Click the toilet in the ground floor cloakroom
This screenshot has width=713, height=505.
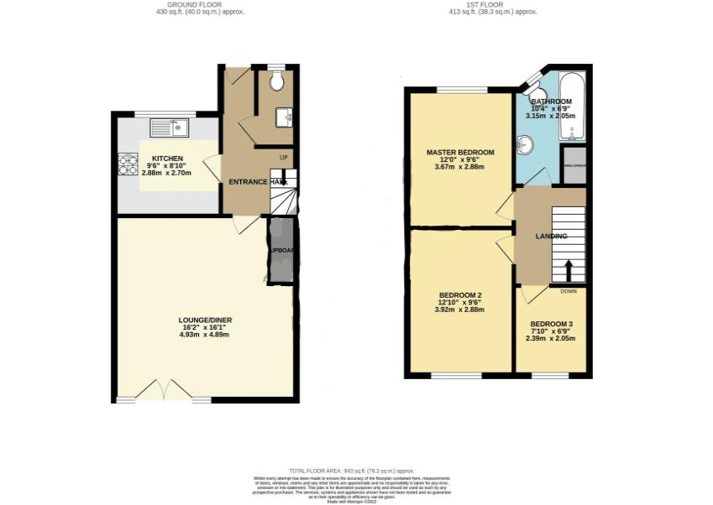[277, 81]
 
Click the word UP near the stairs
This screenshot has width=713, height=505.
[283, 158]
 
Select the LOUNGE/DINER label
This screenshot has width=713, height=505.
[205, 320]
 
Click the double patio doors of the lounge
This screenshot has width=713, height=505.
[165, 391]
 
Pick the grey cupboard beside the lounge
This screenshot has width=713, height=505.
[280, 251]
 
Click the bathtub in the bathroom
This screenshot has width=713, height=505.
[574, 109]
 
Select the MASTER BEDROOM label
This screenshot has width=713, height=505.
[460, 153]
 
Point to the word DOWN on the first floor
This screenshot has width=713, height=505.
[569, 291]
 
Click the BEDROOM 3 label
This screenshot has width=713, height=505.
[552, 324]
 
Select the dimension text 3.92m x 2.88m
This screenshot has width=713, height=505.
[460, 310]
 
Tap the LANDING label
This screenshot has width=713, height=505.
[551, 237]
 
